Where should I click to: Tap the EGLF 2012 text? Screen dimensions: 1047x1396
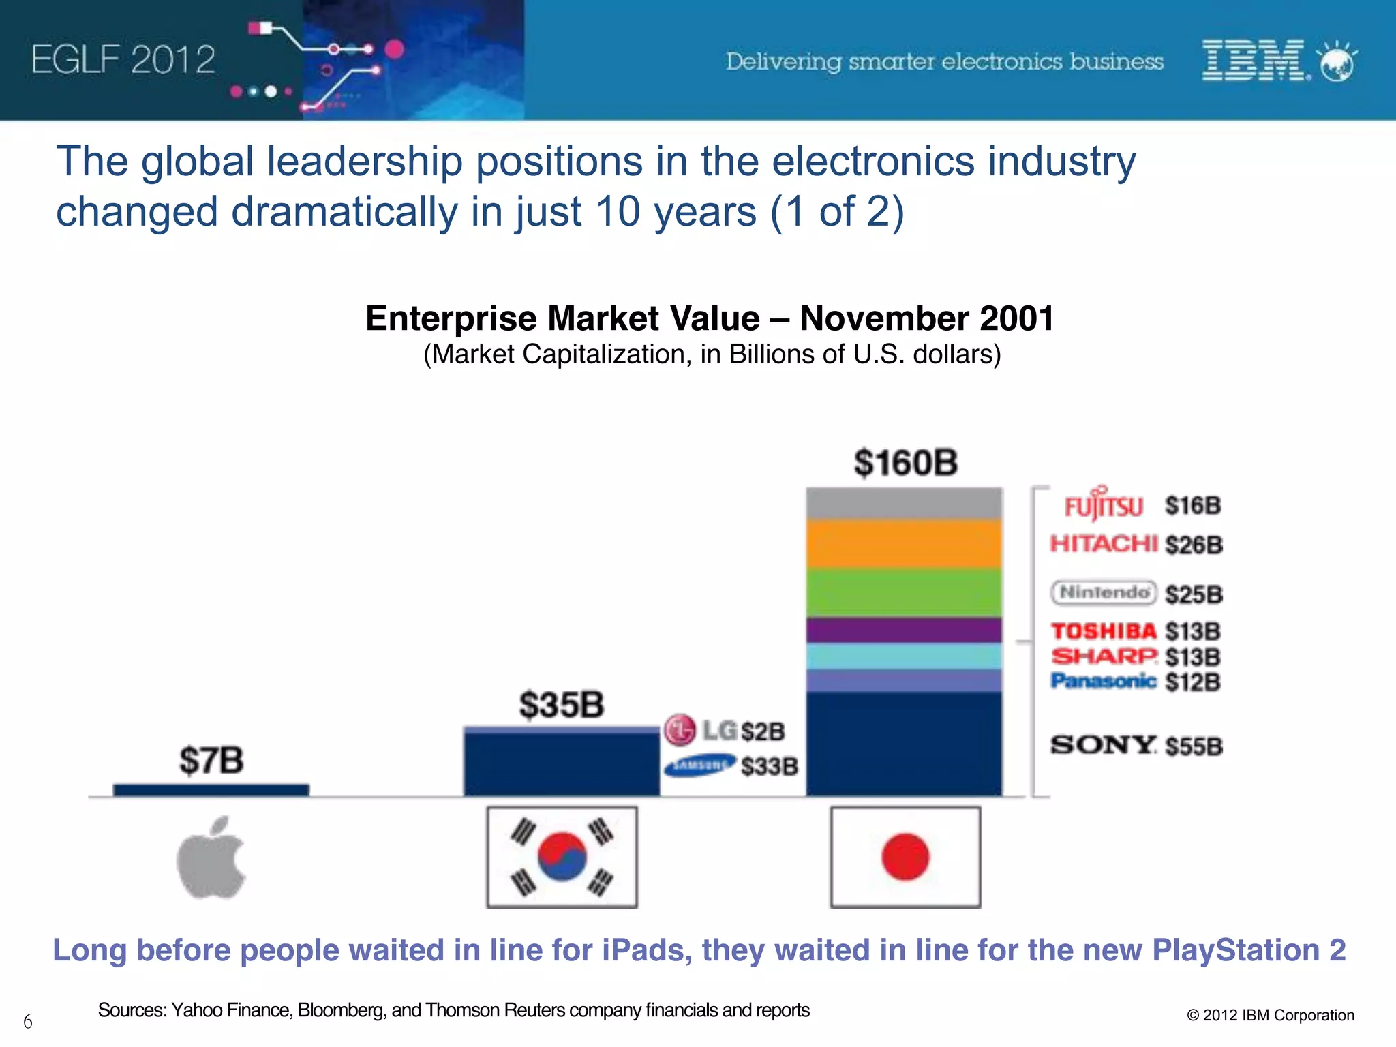pos(123,60)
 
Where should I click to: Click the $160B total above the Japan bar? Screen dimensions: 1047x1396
pos(905,463)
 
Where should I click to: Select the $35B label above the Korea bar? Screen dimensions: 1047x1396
pos(562,705)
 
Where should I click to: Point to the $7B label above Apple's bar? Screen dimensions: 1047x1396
pos(211,761)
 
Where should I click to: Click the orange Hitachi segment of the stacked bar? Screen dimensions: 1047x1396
pos(904,544)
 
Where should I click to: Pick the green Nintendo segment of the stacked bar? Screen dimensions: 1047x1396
pos(904,593)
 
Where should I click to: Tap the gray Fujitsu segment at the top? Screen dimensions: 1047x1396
pos(904,504)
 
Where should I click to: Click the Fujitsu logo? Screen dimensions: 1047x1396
pos(1104,504)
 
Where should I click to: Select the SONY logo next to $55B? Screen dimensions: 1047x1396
pos(1103,744)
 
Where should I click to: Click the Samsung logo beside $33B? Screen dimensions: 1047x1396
pos(699,765)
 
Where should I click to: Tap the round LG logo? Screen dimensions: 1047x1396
pos(680,731)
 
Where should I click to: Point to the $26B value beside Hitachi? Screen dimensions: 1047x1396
pos(1194,545)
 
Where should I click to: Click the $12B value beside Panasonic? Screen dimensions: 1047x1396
pos(1192,682)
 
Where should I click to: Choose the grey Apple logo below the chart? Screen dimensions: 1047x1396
pos(211,859)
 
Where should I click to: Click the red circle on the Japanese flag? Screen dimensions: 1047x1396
pos(905,857)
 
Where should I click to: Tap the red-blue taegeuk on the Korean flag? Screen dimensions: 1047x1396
pos(562,856)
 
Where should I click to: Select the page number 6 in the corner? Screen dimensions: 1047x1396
pos(28,1021)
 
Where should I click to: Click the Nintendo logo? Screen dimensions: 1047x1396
pos(1103,592)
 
